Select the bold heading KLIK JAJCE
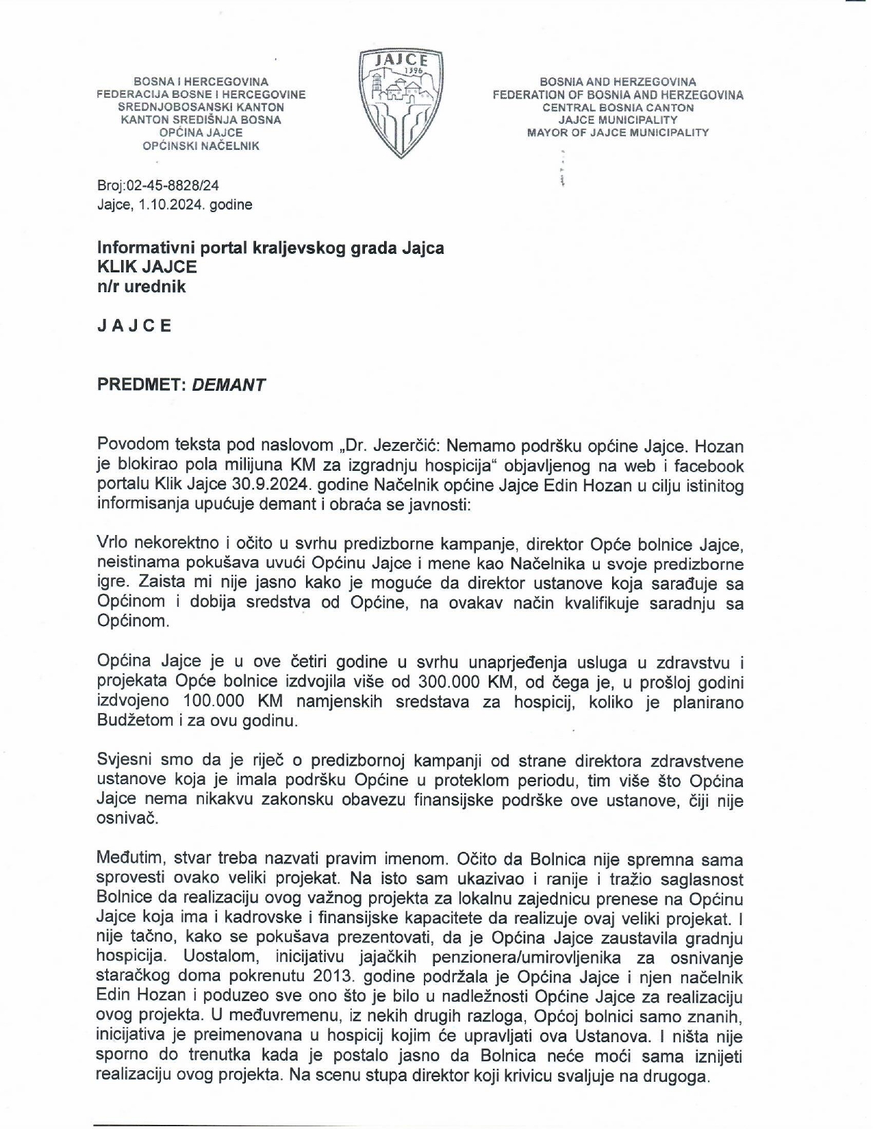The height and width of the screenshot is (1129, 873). (x=147, y=267)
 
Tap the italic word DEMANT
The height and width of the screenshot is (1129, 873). (x=229, y=385)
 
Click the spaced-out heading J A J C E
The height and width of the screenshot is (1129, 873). (x=134, y=326)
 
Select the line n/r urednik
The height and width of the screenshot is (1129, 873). (x=141, y=287)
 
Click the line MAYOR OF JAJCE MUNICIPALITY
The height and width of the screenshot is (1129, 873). (x=618, y=133)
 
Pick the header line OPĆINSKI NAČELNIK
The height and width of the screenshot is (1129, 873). (x=201, y=146)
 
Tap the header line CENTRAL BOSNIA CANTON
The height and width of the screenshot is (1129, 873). (x=618, y=107)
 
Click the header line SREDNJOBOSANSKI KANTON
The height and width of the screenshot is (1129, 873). (x=201, y=107)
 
